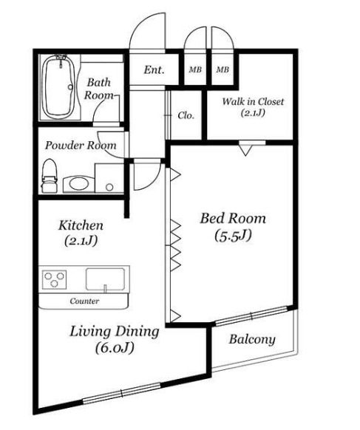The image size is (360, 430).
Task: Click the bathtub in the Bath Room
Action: pos(58,87)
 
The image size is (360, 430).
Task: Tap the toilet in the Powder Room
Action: pos(50,176)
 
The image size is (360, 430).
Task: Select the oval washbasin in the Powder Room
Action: pos(79,184)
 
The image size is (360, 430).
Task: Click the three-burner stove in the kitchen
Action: pos(54,279)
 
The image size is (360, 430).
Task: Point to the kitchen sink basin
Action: pos(105,279)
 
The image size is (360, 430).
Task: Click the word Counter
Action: pos(84,301)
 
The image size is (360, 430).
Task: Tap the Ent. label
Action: pos(154,70)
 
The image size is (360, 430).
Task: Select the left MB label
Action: pos(195,69)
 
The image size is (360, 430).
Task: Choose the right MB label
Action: pos(223,69)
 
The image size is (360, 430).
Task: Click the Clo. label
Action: pos(186,115)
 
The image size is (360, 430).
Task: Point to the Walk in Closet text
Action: pos(253,101)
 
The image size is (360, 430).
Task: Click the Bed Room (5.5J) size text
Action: pos(233,236)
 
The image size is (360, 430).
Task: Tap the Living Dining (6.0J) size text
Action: pos(115,348)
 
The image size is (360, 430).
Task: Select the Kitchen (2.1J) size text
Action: pos(81,241)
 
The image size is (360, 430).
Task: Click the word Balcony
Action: pos(252,340)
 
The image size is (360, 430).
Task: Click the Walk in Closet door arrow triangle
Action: pos(245,150)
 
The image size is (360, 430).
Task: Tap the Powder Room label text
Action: pos(81,146)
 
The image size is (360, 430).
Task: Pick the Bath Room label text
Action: pos(99,89)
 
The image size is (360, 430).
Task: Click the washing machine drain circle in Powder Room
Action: pos(109,188)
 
